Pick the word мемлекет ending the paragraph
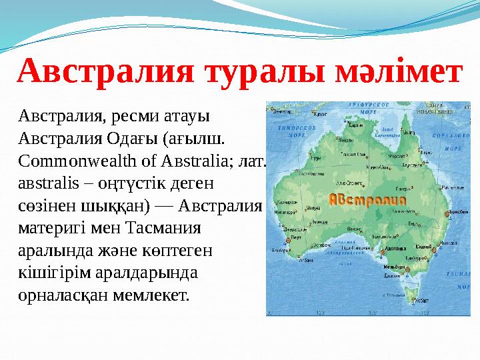pyautogui.click(x=152, y=294)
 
